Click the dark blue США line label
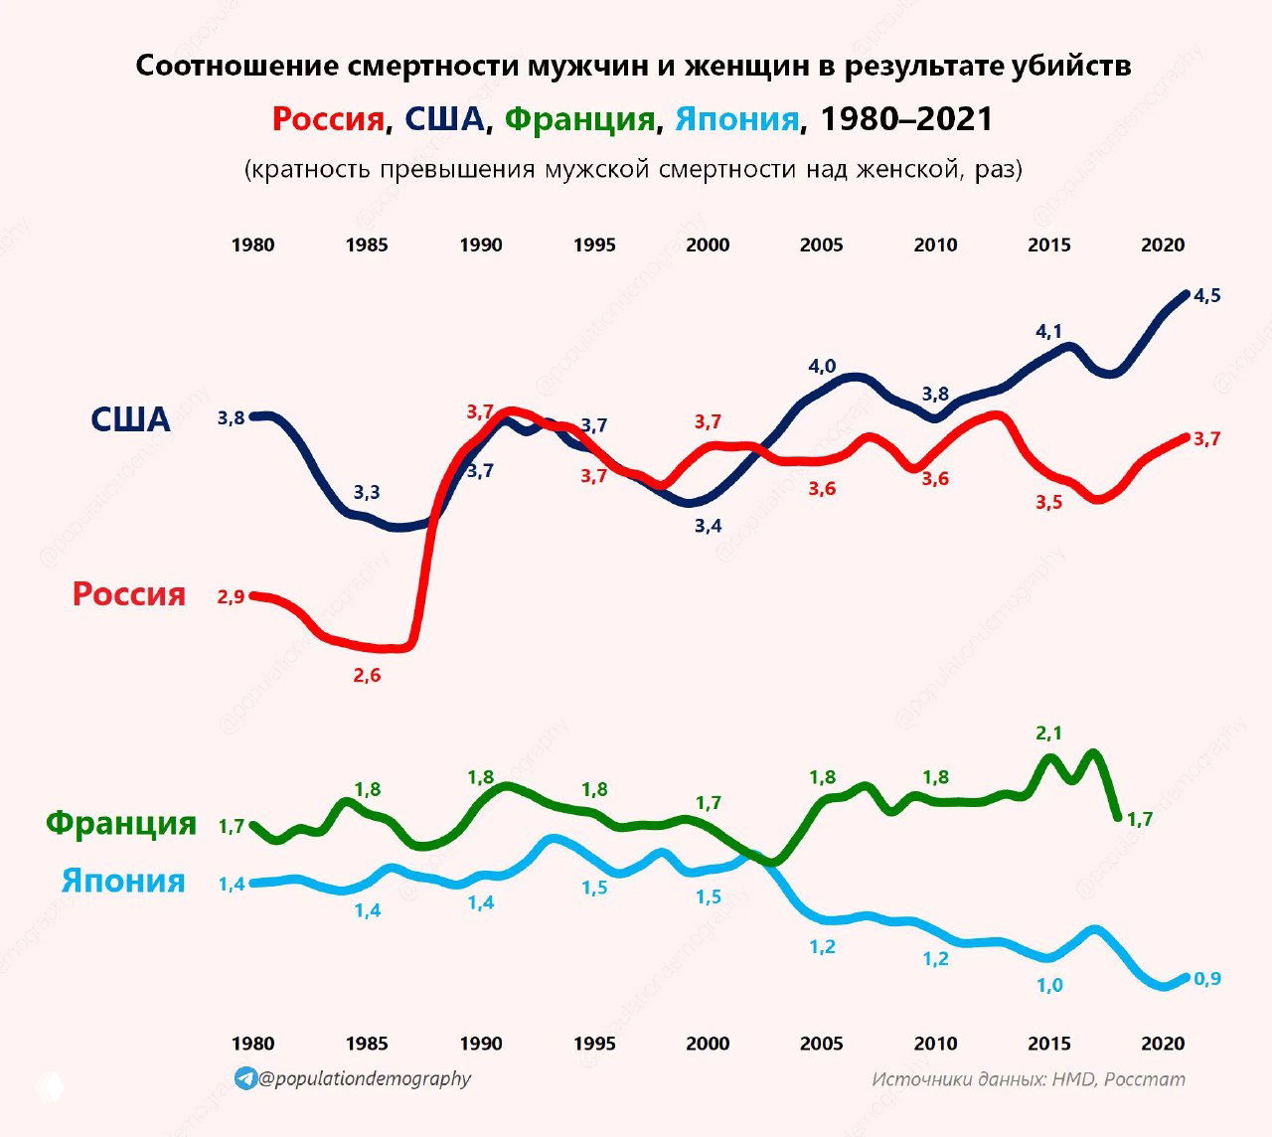(130, 419)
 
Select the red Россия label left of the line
(128, 594)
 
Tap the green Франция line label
(121, 824)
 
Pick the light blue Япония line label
(123, 881)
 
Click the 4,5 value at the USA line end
(1207, 296)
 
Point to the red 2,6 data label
(367, 676)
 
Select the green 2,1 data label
(1049, 733)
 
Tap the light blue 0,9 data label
(1207, 979)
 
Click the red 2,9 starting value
(231, 597)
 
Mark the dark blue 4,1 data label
(1049, 332)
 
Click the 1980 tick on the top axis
(252, 245)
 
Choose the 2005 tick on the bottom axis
(822, 1044)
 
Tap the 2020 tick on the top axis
(1163, 245)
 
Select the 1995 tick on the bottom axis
(594, 1044)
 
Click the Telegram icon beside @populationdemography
(245, 1078)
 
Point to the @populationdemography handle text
(365, 1078)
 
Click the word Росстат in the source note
(1145, 1079)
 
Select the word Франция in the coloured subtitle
(579, 119)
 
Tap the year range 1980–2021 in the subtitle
(906, 119)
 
